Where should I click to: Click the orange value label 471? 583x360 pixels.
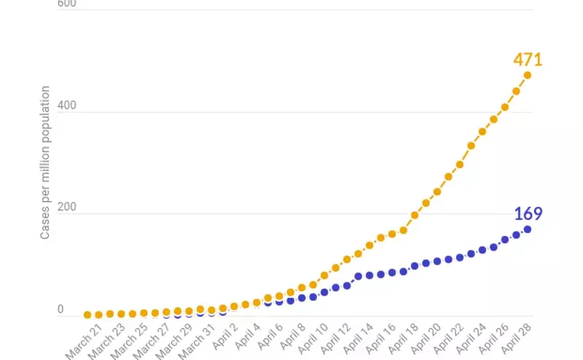(x=527, y=60)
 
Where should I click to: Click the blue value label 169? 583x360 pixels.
(x=528, y=214)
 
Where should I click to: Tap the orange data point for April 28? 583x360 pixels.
(x=527, y=75)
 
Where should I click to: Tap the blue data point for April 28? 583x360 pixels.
(x=527, y=229)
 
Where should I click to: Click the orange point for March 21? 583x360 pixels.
(x=87, y=315)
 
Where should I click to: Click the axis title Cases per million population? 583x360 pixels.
(x=45, y=163)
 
